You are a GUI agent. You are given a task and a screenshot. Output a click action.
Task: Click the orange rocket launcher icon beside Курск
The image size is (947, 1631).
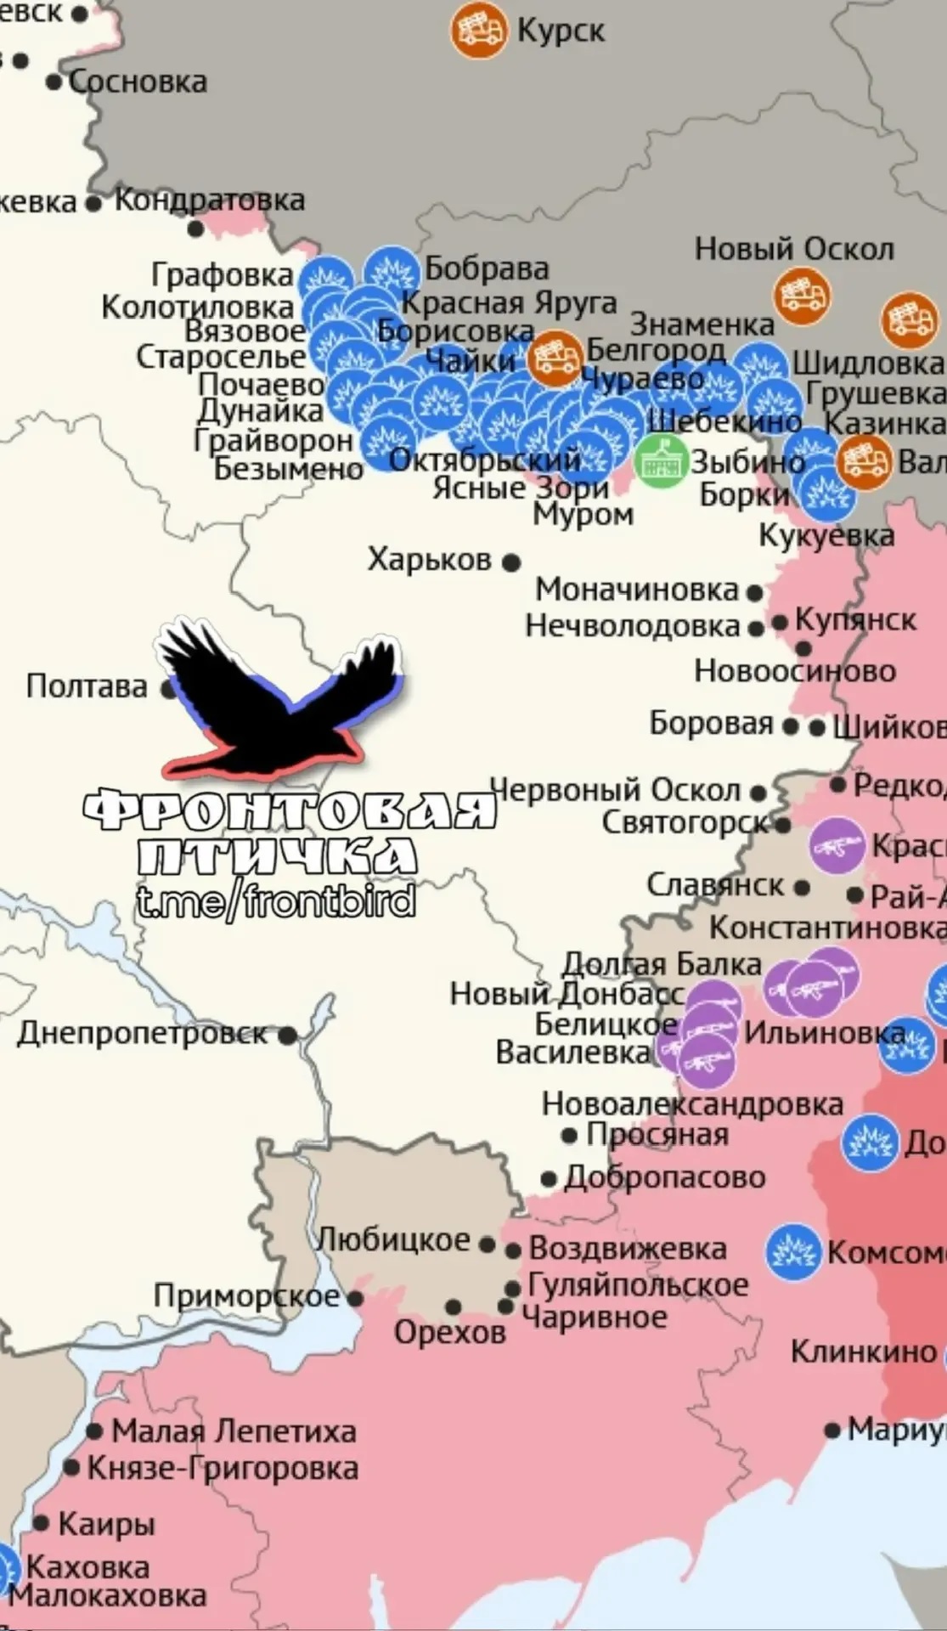point(478,31)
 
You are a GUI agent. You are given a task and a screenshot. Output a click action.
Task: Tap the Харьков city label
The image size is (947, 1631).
point(429,560)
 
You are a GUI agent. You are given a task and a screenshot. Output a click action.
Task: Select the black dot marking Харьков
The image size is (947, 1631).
point(511,562)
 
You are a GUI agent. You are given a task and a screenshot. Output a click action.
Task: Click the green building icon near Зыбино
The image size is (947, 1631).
point(662,460)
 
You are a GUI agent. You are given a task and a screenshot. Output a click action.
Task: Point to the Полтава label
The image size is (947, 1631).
point(87,686)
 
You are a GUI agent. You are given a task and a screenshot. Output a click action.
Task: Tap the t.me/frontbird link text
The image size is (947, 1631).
point(276,899)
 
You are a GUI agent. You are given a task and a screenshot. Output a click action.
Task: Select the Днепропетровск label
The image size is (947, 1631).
point(142,1033)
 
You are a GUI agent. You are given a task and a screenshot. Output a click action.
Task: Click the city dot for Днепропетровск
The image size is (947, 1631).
point(288,1035)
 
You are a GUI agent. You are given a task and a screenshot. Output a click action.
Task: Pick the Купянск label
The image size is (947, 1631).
point(855,620)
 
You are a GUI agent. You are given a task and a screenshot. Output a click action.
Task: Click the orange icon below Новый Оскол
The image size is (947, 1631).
point(801,295)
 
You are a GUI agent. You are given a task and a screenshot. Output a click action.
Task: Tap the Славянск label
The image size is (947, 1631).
point(715,885)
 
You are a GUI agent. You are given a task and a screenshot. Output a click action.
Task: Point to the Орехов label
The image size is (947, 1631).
point(450,1331)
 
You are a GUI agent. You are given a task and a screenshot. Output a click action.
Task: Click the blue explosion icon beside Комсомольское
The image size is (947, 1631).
point(793,1252)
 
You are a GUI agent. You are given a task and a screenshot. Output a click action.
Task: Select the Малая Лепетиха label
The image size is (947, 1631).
point(234,1431)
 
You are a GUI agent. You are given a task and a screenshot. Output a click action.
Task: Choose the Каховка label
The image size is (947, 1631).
point(87,1566)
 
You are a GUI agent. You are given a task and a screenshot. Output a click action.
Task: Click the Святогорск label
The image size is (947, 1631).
point(685,822)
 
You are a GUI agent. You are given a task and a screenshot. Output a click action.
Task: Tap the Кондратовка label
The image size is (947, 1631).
point(209,200)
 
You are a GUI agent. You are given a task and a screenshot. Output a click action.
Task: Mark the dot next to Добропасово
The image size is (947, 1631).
point(549,1179)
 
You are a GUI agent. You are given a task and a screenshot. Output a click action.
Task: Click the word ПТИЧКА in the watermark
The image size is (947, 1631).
point(276,855)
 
